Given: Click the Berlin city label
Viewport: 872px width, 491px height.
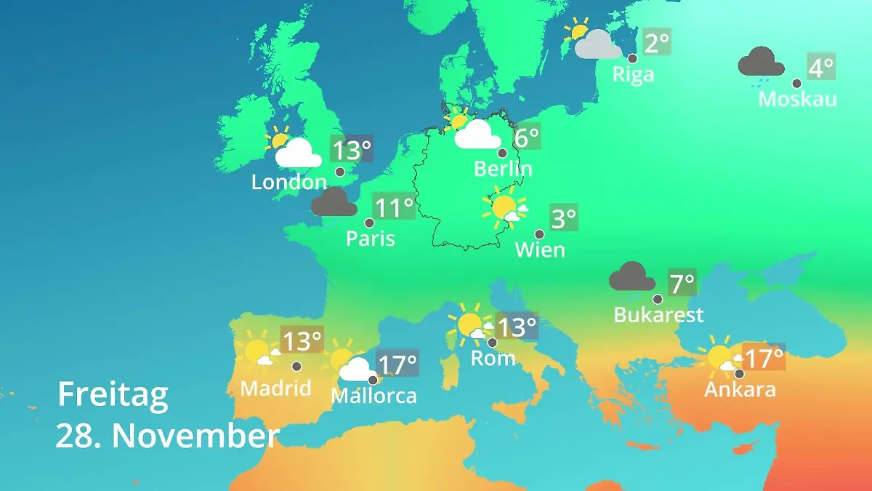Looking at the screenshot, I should coord(503,169).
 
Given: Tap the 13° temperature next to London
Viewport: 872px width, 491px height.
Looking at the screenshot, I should coord(352,151).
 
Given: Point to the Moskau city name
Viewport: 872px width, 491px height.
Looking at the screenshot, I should coord(797,99).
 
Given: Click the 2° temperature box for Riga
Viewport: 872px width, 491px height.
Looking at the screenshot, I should coord(656,43).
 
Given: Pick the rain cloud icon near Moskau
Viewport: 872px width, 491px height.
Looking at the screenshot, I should coord(761,63).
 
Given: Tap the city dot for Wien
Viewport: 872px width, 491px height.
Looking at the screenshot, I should coord(539,234).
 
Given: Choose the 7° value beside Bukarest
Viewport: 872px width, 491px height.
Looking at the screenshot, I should coord(682,282).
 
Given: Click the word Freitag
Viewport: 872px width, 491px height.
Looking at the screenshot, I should coord(113,394).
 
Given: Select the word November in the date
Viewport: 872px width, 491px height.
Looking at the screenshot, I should coord(195,436).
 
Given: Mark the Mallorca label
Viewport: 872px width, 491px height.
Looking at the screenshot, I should coord(374,396).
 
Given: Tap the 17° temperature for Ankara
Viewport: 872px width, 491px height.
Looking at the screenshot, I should coord(764,358).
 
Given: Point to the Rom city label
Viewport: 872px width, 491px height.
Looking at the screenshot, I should coord(493,358).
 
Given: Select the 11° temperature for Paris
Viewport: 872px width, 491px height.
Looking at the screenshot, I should coord(393,208).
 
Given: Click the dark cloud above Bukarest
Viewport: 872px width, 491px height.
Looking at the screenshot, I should coord(632,277).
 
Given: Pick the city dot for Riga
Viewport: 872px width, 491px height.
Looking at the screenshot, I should coord(632,58).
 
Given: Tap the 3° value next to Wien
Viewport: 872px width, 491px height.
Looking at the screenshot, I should coord(564,218).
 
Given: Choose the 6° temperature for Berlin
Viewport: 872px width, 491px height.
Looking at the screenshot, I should coord(527,136).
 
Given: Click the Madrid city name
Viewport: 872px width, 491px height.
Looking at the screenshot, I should coord(275,388).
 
